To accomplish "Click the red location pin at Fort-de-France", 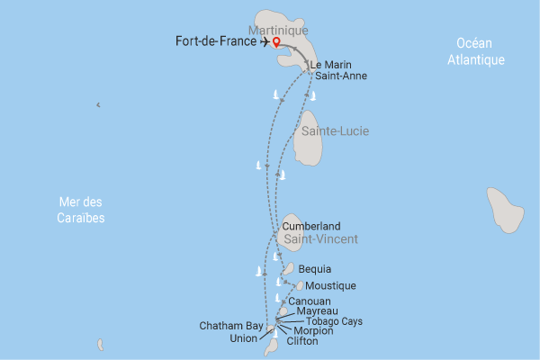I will click(276, 40).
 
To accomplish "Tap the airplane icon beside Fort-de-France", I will click(263, 41).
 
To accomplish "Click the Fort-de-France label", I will click(217, 41).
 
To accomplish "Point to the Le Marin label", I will click(328, 65).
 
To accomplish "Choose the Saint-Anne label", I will click(335, 76).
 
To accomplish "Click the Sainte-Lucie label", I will click(336, 131).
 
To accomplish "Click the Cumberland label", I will click(311, 226).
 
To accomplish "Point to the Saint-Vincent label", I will click(321, 239).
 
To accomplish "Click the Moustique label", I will click(331, 285).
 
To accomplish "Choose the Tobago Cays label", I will click(335, 321).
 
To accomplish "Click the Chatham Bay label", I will click(231, 326).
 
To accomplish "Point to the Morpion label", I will click(313, 331).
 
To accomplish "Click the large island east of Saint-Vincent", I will click(505, 211).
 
